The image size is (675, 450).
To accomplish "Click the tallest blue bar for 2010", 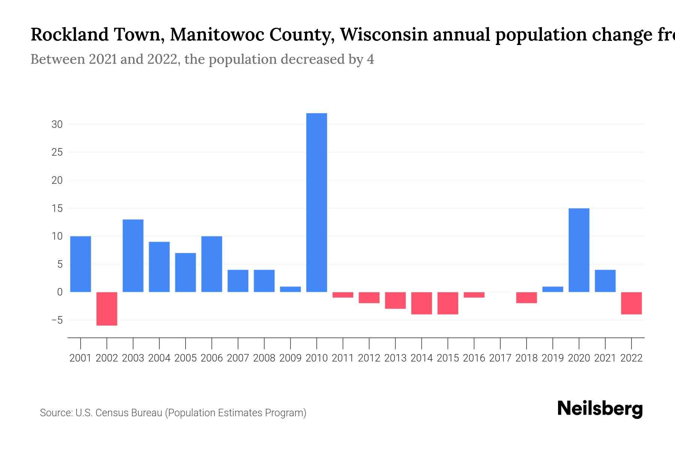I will click(316, 202).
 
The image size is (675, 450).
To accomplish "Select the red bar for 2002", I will click(107, 309).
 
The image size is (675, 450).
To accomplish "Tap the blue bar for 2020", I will click(579, 250).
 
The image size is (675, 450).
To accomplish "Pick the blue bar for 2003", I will click(133, 256).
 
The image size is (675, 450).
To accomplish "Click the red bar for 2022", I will click(631, 303).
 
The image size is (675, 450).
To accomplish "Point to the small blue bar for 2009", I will click(290, 289).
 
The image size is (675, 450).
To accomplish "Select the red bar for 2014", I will click(421, 303).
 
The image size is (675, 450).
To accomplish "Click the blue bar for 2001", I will click(81, 264).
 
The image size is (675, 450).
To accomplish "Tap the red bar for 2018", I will click(526, 297).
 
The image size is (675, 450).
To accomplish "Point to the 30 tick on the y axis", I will click(57, 124).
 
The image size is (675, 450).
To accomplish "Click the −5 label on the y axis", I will click(57, 321).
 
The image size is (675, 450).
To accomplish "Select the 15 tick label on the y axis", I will click(57, 208).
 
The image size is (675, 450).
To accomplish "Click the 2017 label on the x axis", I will click(500, 358).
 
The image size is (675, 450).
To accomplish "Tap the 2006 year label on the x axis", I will click(211, 358).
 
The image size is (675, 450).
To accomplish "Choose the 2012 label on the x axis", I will click(369, 358).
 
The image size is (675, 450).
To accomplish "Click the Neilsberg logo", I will click(600, 409).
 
